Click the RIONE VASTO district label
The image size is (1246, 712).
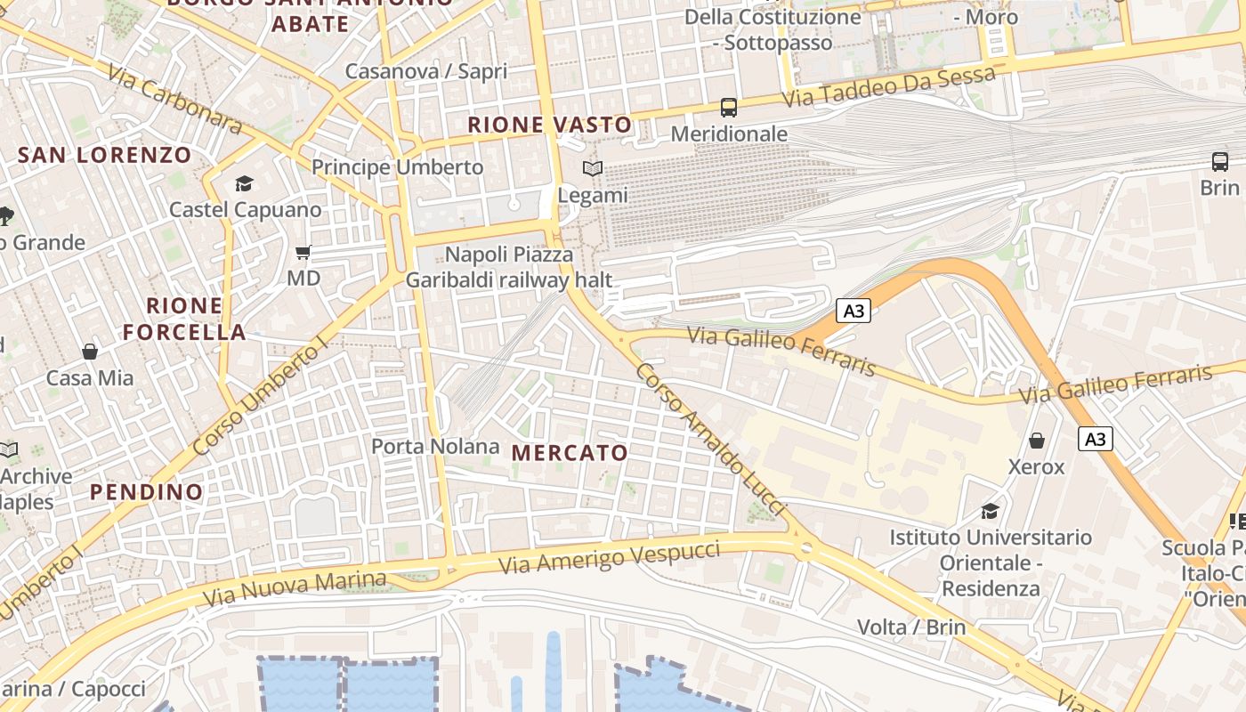pos(550,125)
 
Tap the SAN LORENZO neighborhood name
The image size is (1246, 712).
pos(105,155)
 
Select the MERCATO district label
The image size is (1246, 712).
pos(570,453)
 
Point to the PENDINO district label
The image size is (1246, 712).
pos(147,492)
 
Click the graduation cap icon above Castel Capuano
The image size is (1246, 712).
pos(244,184)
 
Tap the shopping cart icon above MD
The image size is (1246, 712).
pos(303,253)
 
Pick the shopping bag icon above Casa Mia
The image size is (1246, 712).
pos(90,352)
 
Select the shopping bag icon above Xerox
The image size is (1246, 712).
pos(1037,441)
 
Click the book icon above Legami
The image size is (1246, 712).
pos(593,168)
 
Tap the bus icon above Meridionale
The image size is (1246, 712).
pos(729,108)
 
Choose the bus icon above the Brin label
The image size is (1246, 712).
pos(1219,162)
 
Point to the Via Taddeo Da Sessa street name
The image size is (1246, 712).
pos(888,87)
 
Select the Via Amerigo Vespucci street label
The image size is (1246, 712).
pos(609,557)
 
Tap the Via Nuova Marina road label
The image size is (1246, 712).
pos(295,588)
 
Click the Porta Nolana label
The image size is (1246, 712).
pos(435,446)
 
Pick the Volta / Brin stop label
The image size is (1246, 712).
pos(910,627)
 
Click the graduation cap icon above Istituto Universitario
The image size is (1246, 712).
pos(990,511)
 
